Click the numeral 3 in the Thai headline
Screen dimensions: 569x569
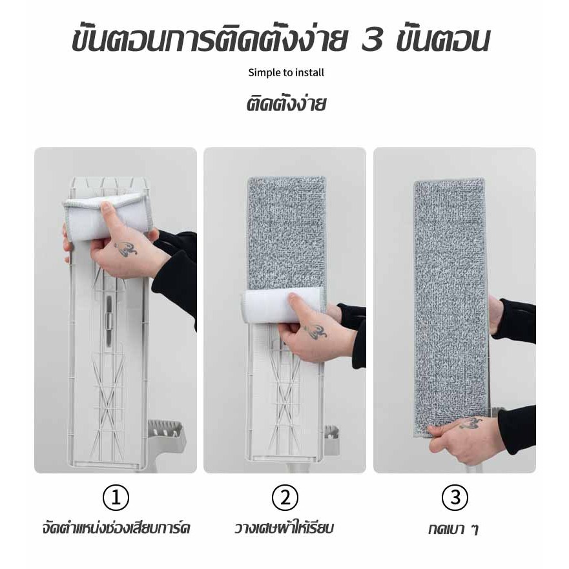tap(372, 41)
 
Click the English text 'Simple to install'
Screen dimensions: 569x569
tap(286, 72)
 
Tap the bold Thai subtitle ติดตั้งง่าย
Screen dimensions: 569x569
tap(286, 104)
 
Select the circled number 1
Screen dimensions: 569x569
tap(116, 497)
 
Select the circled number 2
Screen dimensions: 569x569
tap(285, 497)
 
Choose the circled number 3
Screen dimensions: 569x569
tap(455, 497)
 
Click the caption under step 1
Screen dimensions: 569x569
tap(116, 528)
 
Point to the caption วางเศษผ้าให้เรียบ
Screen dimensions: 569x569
tap(284, 528)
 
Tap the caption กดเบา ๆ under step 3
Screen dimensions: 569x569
tap(453, 529)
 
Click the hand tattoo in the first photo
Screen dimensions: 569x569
tap(126, 248)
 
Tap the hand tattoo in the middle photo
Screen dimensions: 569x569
tap(315, 331)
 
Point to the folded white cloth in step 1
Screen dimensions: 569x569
tap(108, 216)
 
